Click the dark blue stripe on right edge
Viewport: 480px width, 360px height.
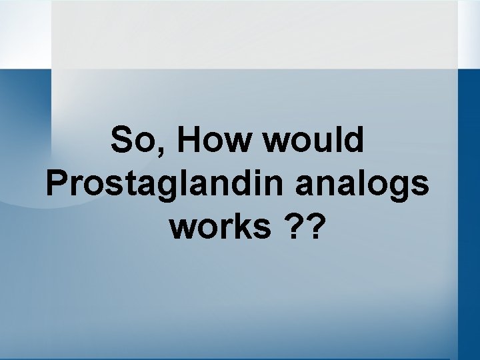tap(469, 200)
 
